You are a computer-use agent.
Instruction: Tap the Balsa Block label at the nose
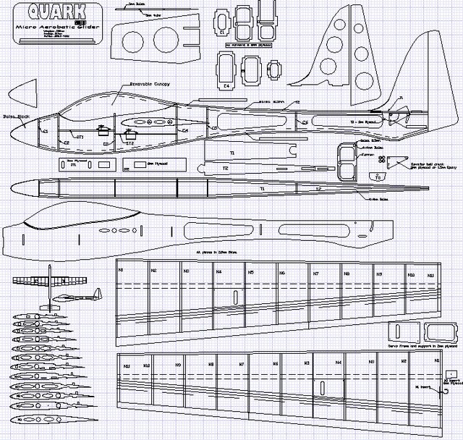[15, 115]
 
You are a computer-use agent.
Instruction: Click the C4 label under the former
[226, 85]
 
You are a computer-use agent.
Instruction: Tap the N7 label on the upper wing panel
[315, 274]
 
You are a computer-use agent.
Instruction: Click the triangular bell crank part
[394, 164]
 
